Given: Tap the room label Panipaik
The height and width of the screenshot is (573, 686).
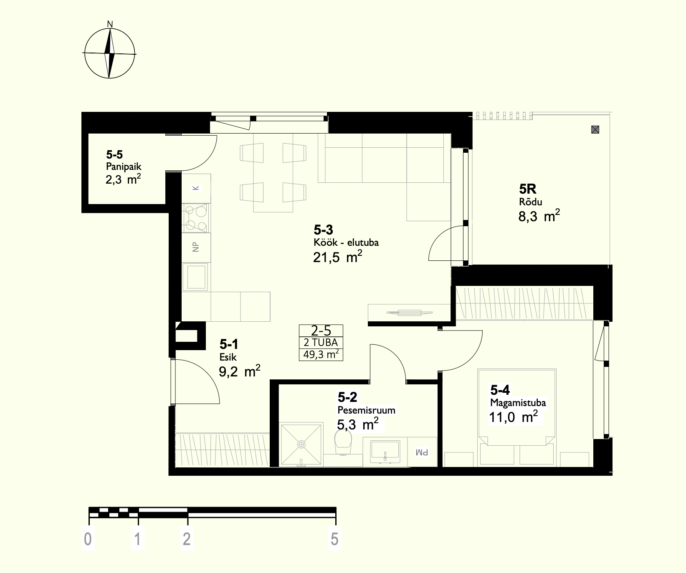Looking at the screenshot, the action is point(124,167).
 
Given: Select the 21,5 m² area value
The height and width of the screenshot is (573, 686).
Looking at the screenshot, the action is point(337,257).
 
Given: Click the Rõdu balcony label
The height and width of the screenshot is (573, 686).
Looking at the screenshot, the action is point(530,202).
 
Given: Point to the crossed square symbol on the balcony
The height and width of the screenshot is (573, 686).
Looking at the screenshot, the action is point(595,129).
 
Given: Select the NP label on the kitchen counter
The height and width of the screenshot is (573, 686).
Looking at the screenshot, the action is point(196,247).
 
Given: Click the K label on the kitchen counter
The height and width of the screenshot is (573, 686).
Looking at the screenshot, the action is point(196,188).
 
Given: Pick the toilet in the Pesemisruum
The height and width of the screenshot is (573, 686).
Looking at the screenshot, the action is point(344,443).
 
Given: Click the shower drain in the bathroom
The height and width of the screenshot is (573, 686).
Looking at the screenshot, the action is point(301,444).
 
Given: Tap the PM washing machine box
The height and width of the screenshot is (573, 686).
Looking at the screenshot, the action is point(422,452).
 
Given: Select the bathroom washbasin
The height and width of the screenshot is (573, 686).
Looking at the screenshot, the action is point(385,451).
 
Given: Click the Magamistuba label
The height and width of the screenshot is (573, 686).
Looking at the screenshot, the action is point(518,403).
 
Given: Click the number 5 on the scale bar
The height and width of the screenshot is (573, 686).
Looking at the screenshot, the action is point(334,539).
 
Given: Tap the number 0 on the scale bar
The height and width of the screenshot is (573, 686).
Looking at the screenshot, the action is point(88,539).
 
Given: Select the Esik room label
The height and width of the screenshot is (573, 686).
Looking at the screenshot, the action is point(228,357).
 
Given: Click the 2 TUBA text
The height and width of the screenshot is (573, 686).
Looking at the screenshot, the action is point(321,343).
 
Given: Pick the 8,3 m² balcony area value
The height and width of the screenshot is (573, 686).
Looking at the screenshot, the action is point(539,216).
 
